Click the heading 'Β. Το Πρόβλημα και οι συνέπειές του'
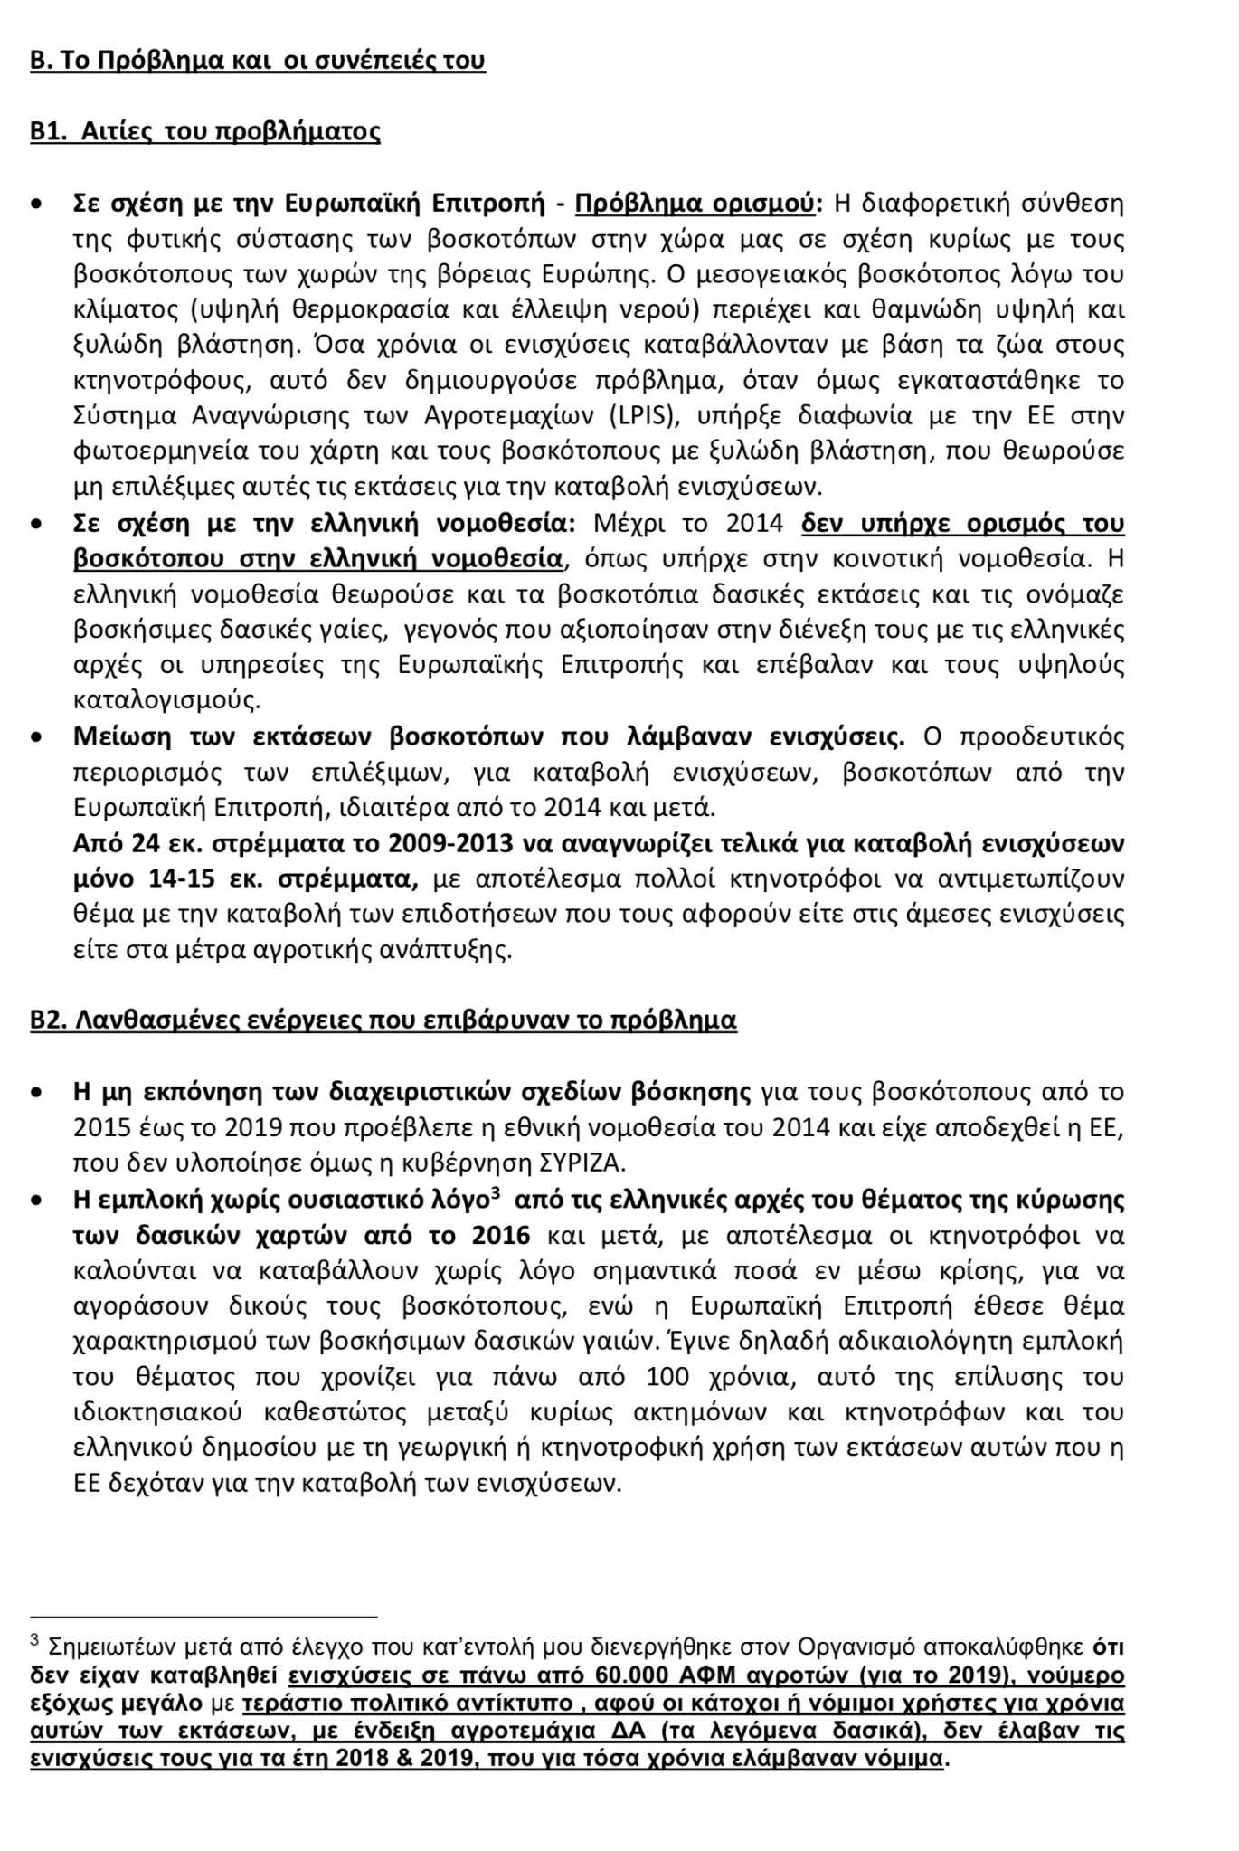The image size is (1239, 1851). [x=258, y=61]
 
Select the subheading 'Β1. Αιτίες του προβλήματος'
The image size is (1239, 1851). [x=205, y=131]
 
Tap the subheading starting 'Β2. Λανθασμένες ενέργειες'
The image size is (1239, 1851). [x=383, y=1020]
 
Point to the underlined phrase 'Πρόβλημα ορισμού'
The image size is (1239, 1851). [x=695, y=204]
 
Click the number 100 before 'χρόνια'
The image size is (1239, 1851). [x=667, y=1377]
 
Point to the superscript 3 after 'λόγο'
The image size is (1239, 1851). [x=495, y=1194]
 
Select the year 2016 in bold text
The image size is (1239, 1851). [x=496, y=1235]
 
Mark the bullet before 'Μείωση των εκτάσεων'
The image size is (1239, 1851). [x=36, y=737]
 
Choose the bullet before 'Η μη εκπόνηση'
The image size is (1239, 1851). [x=36, y=1093]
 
